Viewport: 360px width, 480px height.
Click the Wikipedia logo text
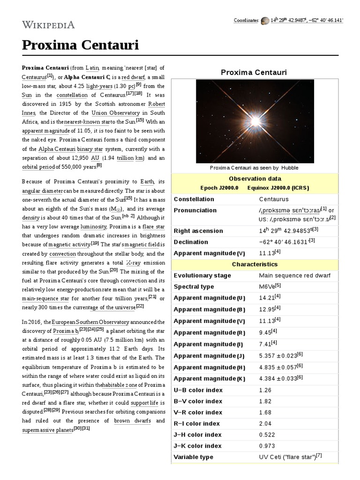[x=48, y=25]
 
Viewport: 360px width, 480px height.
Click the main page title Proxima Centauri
[x=80, y=46]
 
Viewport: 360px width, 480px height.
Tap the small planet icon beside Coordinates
[x=265, y=21]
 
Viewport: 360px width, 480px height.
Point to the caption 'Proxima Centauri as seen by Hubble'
[x=254, y=168]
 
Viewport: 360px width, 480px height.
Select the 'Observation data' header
[x=255, y=179]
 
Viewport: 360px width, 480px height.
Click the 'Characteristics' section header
[x=255, y=264]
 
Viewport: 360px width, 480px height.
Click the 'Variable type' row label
[x=193, y=457]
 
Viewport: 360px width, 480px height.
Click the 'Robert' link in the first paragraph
[x=156, y=104]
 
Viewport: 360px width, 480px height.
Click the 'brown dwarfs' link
[x=132, y=420]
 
